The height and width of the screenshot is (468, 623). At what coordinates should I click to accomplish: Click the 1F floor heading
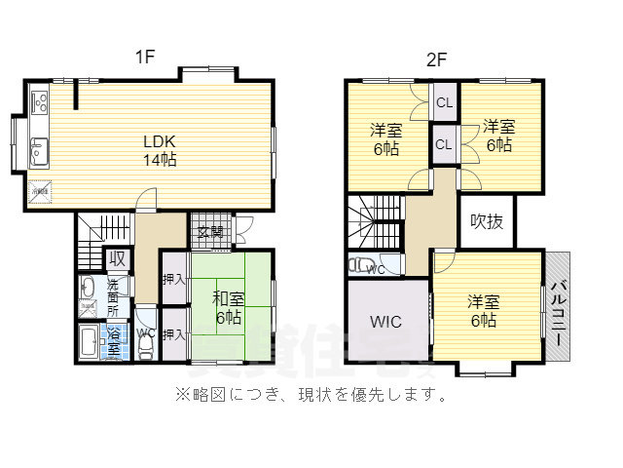tap(145, 58)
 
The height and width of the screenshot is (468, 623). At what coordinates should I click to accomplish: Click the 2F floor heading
tap(435, 58)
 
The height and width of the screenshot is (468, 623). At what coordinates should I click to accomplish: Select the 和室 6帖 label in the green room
tap(228, 306)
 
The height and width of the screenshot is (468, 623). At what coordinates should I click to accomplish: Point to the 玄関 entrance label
tap(210, 231)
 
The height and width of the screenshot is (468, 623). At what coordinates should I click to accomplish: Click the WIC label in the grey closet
tap(385, 322)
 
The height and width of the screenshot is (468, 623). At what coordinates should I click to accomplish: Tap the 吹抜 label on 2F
tap(487, 221)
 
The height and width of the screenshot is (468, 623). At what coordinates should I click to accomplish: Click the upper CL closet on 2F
tap(444, 102)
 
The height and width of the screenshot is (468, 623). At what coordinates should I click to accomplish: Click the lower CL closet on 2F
tap(444, 144)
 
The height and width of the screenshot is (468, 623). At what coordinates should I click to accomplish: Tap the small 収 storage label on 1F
tap(117, 258)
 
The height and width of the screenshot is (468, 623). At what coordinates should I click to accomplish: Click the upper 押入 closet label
tap(173, 278)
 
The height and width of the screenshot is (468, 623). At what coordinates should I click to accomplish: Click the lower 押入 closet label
tap(173, 334)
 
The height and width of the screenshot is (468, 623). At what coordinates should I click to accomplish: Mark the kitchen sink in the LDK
tap(39, 151)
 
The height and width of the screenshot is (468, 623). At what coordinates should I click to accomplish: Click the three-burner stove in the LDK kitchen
tap(40, 100)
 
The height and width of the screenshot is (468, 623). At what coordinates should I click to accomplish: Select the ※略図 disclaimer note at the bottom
tap(311, 396)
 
